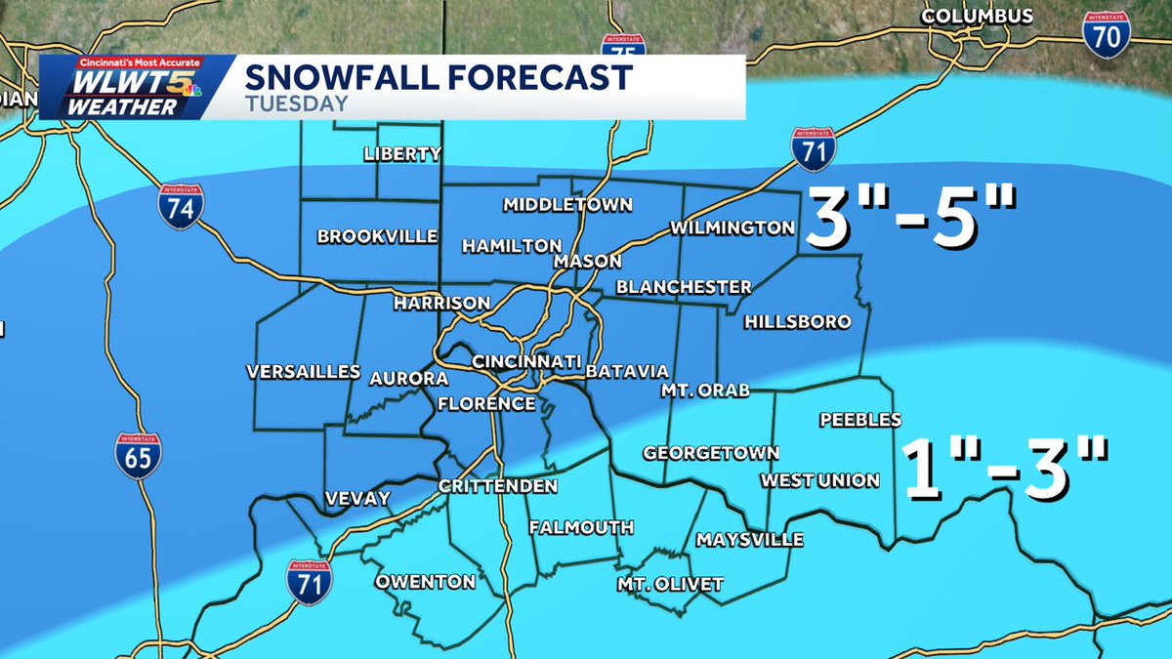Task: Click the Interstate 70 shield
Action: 1105,34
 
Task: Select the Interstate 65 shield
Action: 138,454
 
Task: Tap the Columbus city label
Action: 977,17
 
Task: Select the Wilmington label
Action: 732,228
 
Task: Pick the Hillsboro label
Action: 797,322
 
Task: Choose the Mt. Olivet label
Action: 670,585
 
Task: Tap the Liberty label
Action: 402,154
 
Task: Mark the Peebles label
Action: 859,420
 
